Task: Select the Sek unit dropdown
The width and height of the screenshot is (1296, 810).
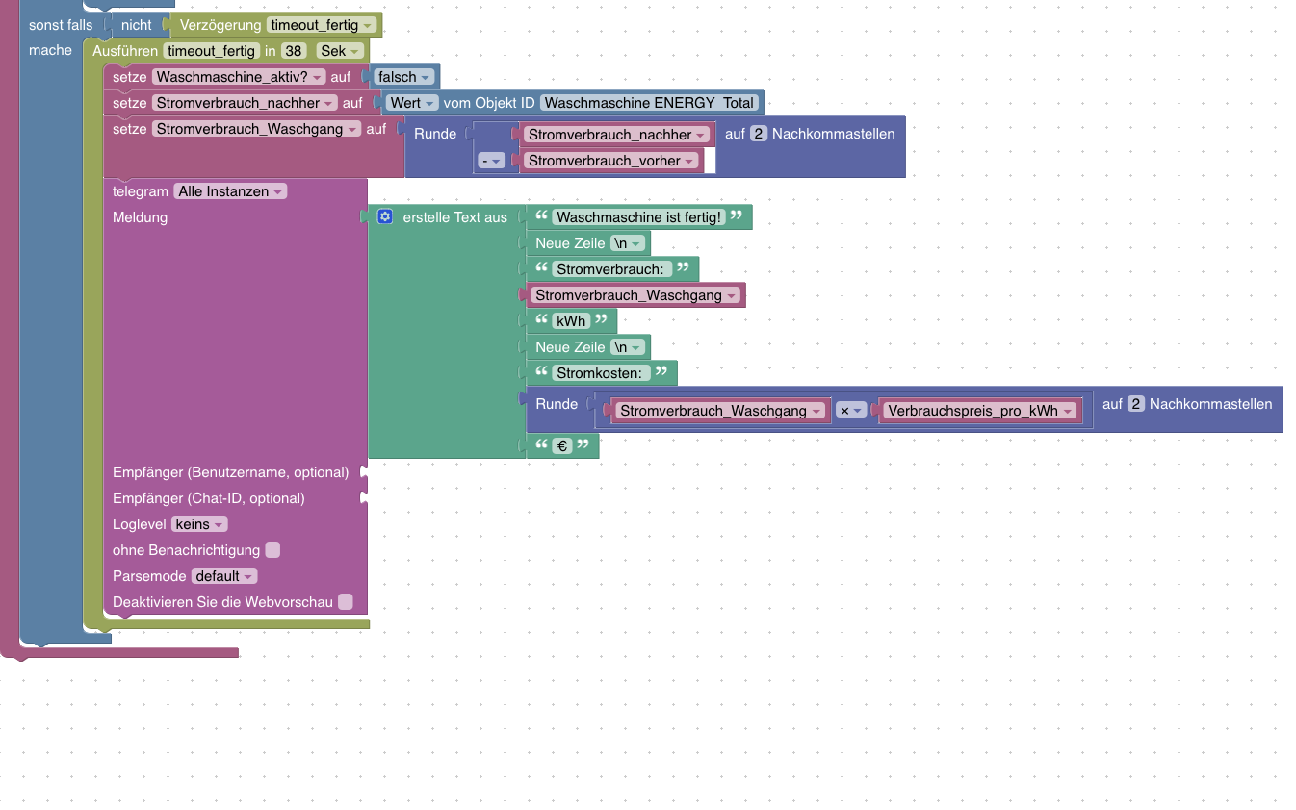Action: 340,50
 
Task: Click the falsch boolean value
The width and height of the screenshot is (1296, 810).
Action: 403,77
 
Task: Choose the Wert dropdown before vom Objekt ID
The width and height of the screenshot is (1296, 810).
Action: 413,103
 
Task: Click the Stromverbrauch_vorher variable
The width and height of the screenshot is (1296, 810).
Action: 610,161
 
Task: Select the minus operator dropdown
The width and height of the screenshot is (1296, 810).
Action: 492,161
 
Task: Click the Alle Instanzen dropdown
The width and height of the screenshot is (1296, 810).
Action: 230,191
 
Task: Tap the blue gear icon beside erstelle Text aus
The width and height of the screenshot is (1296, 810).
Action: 385,217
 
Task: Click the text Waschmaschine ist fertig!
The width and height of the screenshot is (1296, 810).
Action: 638,217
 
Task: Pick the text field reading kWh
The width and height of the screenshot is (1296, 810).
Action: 571,321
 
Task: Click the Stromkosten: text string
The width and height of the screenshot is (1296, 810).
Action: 602,373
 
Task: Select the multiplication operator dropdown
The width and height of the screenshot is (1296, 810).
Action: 850,411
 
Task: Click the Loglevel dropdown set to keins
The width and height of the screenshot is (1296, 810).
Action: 199,524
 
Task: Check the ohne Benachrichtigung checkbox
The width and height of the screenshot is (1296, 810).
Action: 272,550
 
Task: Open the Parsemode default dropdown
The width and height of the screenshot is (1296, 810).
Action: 224,576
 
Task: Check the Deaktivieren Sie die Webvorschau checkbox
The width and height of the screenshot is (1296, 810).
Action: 346,602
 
